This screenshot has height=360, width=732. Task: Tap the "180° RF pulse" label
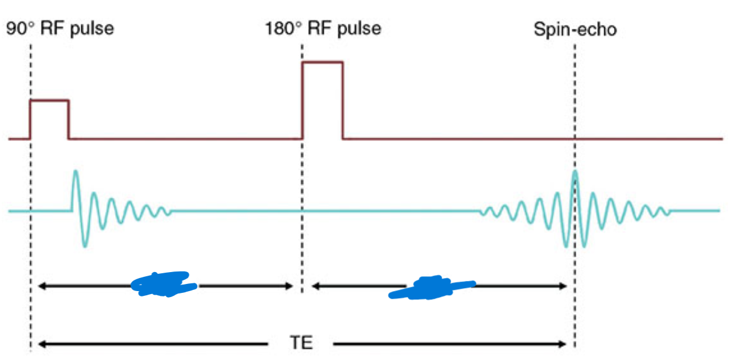[x=323, y=29]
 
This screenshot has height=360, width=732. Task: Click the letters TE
[x=302, y=344]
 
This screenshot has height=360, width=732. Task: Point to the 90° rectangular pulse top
[x=49, y=100]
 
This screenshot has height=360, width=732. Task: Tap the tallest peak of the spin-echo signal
[x=575, y=173]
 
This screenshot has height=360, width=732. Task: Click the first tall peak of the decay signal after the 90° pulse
[x=75, y=173]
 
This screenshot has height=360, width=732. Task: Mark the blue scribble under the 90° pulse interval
[x=164, y=284]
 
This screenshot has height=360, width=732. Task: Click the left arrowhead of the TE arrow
[x=41, y=344]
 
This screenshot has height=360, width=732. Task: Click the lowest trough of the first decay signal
[x=85, y=245]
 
